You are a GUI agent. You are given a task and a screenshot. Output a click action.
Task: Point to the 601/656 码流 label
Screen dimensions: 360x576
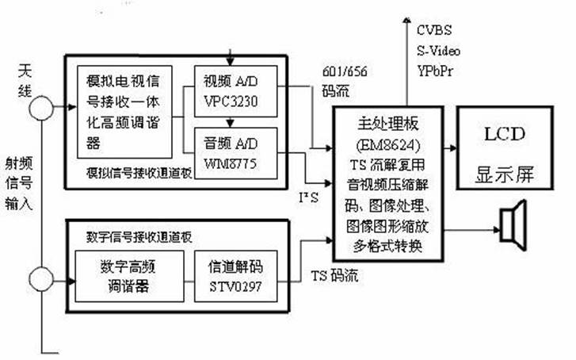[344, 79]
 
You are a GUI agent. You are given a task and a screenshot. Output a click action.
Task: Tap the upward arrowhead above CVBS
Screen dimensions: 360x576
[406, 17]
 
